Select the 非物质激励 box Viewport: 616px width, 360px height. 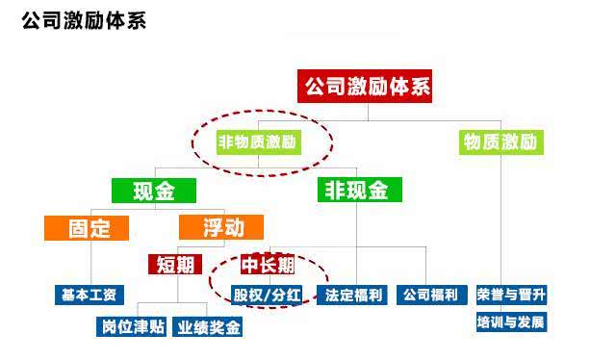click(x=258, y=142)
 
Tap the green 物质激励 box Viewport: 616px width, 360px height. click(x=500, y=142)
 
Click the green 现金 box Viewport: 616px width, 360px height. click(x=153, y=191)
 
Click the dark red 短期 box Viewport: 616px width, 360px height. click(x=175, y=264)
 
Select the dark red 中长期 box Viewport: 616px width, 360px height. click(x=267, y=264)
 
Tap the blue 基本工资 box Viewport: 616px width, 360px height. click(x=89, y=294)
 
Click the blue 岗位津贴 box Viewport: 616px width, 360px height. click(x=133, y=326)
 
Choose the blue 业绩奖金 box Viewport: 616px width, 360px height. click(x=208, y=326)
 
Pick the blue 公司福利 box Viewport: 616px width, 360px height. click(x=431, y=294)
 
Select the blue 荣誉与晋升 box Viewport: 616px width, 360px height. click(x=511, y=294)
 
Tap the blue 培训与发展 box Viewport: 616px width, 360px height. click(x=511, y=321)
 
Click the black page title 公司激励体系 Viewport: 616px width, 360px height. click(x=84, y=20)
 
